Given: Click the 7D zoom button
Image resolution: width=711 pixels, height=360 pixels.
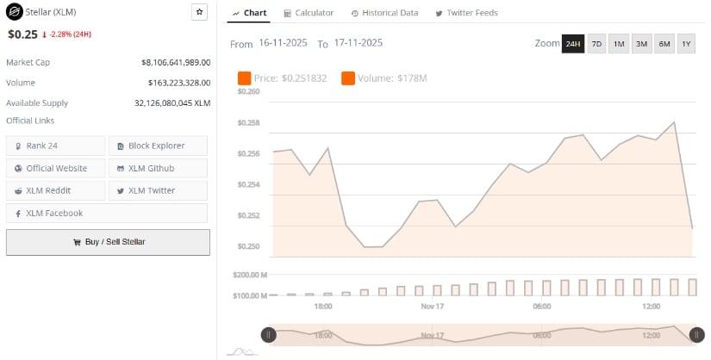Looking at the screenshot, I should tap(596, 43).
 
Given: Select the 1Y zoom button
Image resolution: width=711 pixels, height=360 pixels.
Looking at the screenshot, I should tap(686, 43).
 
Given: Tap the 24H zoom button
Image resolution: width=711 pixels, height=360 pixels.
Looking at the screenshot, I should tap(572, 43).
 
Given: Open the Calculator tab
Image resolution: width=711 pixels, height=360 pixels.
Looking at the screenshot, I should tap(308, 13).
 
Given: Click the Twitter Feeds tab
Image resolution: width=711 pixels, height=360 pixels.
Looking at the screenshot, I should tap(466, 13).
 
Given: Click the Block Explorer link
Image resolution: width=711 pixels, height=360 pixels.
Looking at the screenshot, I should tap(158, 146).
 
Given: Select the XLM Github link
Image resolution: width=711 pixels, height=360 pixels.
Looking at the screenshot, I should tap(158, 168).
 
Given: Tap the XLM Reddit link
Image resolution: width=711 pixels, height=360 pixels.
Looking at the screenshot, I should tap(56, 190).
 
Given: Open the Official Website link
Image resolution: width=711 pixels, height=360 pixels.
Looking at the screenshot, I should tap(56, 168).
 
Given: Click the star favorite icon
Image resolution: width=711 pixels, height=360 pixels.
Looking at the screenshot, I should tap(199, 12).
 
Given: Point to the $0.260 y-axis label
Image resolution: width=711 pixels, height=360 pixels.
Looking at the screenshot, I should tap(248, 91).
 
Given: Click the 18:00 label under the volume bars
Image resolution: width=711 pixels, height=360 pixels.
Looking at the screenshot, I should tap(323, 306).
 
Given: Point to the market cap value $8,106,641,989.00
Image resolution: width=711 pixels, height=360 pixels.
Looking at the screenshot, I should tap(176, 62).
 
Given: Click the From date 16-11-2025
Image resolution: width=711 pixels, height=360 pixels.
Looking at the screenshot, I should tap(284, 42).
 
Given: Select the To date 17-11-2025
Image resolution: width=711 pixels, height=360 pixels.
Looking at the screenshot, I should tap(359, 42).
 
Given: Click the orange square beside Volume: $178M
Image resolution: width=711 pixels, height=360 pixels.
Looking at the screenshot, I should tap(348, 78).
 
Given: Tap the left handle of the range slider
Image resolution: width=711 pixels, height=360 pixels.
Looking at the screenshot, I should tap(269, 334).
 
